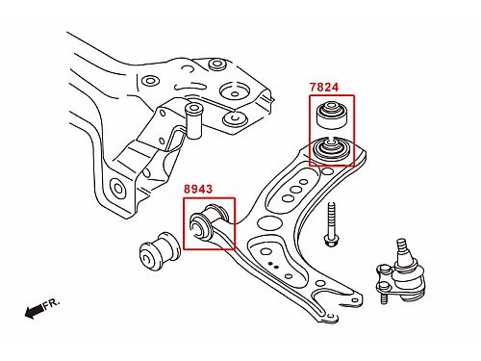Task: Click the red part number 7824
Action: (x=324, y=87)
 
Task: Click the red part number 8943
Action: (x=198, y=189)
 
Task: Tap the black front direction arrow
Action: (x=34, y=311)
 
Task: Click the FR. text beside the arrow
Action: (x=51, y=303)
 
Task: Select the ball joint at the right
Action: (x=401, y=272)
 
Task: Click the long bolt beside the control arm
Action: (x=331, y=224)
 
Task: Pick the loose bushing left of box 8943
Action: (x=161, y=251)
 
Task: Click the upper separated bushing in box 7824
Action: (x=332, y=115)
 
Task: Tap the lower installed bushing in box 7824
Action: (x=331, y=148)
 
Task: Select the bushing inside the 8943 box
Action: (x=209, y=221)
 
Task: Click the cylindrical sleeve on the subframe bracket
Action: (x=193, y=120)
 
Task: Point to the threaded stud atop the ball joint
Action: (x=402, y=247)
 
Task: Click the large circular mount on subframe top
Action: (x=235, y=90)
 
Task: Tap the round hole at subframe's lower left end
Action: (x=117, y=189)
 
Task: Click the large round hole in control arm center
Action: (x=268, y=222)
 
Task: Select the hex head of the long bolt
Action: (x=330, y=241)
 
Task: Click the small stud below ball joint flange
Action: (x=383, y=299)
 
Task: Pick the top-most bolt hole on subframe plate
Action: (x=217, y=64)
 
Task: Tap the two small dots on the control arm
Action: (x=273, y=265)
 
